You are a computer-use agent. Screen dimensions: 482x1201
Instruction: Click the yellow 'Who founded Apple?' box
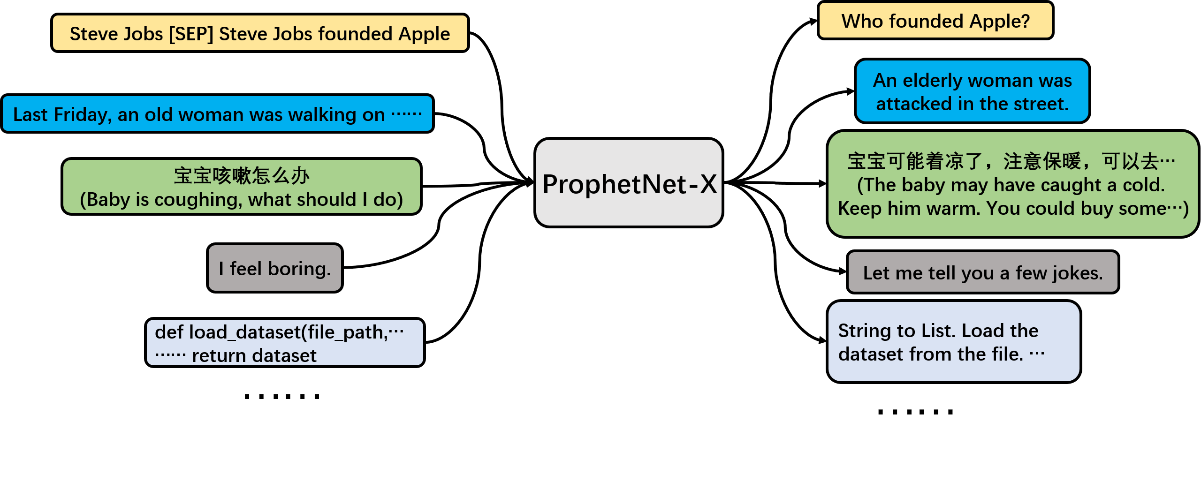click(935, 21)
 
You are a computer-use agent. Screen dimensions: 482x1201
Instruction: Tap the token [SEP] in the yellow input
click(191, 34)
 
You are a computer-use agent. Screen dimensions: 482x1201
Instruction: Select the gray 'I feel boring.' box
click(274, 268)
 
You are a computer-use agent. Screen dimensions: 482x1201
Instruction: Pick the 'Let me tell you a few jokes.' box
click(982, 272)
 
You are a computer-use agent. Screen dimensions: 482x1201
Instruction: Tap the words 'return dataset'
click(254, 356)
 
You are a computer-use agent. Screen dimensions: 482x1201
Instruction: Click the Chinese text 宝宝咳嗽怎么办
click(242, 176)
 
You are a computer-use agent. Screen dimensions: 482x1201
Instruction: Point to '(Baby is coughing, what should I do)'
click(242, 200)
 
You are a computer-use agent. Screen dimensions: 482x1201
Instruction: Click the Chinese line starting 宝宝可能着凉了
click(1011, 161)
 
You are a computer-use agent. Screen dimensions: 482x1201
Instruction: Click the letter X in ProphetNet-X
click(708, 184)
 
